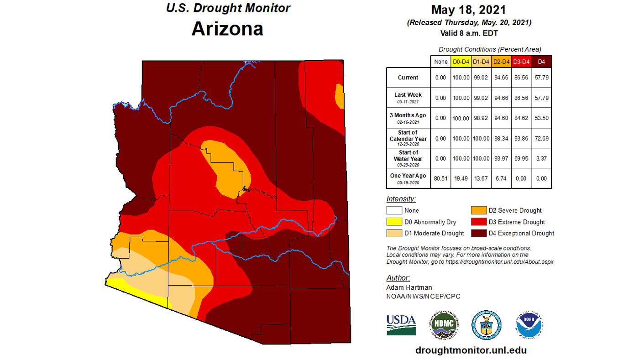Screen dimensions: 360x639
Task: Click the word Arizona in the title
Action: (227, 28)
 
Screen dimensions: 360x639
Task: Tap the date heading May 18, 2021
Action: (468, 10)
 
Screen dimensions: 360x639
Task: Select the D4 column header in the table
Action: (542, 61)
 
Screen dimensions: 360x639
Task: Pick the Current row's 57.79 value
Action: (542, 78)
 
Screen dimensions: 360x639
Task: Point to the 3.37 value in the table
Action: (542, 158)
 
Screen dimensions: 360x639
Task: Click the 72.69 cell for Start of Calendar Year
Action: (542, 138)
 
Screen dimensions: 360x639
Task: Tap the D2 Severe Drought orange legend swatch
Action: (478, 210)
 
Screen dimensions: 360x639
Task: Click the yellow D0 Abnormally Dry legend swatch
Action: (394, 222)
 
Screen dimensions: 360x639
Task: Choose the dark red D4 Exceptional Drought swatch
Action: (478, 233)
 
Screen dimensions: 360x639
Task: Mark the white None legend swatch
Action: (394, 210)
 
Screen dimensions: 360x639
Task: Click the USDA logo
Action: (401, 324)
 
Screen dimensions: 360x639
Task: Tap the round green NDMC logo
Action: (444, 325)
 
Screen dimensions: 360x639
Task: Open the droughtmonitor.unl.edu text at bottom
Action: (471, 350)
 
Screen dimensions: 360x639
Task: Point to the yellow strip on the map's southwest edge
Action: (137, 294)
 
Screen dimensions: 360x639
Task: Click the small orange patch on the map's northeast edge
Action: (339, 95)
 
